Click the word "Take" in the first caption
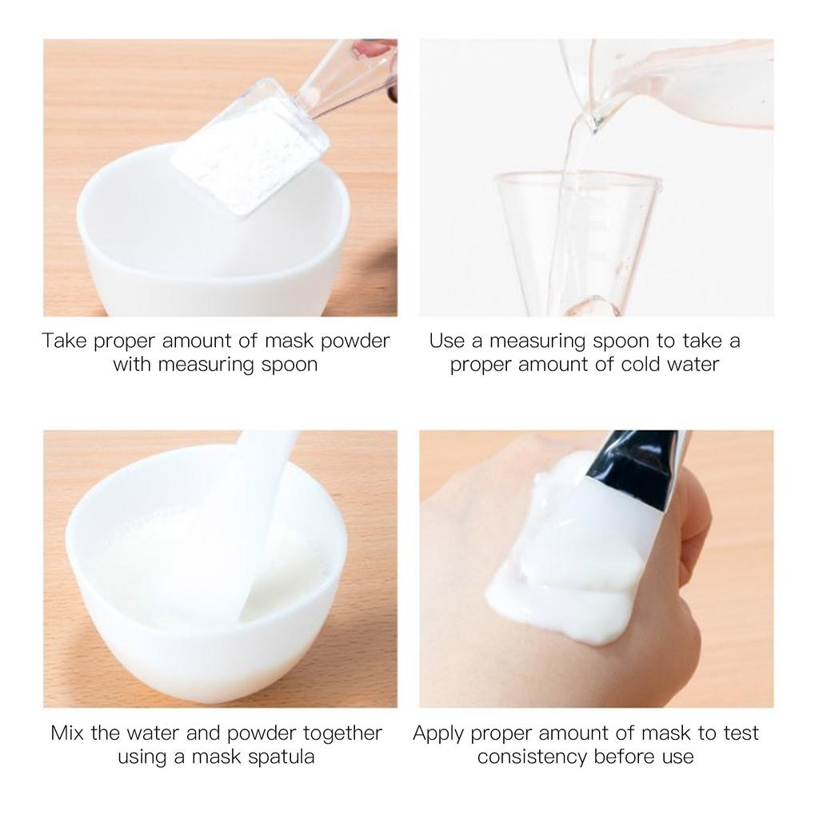click(x=65, y=341)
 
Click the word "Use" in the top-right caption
click(x=447, y=341)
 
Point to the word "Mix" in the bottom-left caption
click(x=66, y=733)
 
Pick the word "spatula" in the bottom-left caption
click(x=275, y=757)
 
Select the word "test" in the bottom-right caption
click(x=741, y=733)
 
